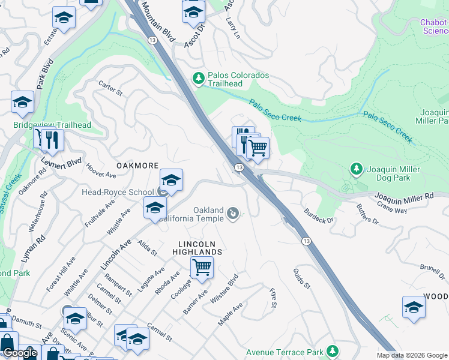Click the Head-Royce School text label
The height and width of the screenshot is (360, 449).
(x=118, y=192)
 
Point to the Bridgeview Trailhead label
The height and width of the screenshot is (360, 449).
(x=52, y=125)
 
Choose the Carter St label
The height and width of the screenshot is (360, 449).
(x=110, y=89)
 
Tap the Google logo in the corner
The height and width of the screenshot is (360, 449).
(x=20, y=353)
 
